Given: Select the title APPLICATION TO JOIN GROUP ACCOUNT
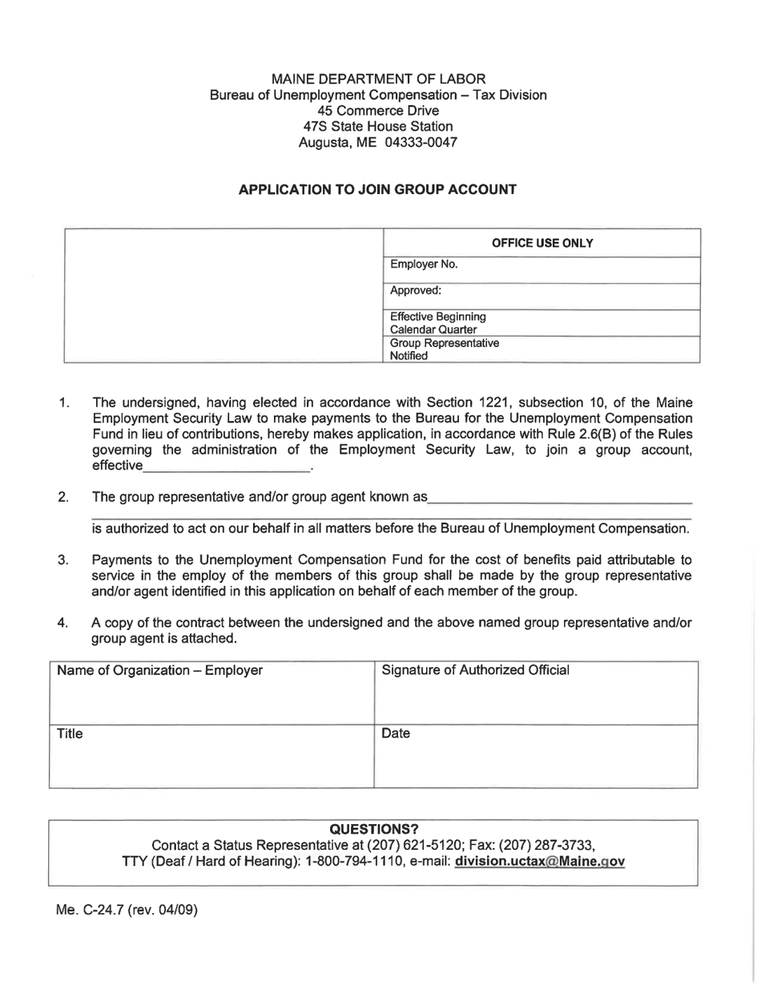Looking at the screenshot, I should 378,190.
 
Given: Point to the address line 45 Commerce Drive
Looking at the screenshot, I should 378,111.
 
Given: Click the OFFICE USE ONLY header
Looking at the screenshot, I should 542,243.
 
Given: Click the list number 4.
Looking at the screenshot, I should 62,623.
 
